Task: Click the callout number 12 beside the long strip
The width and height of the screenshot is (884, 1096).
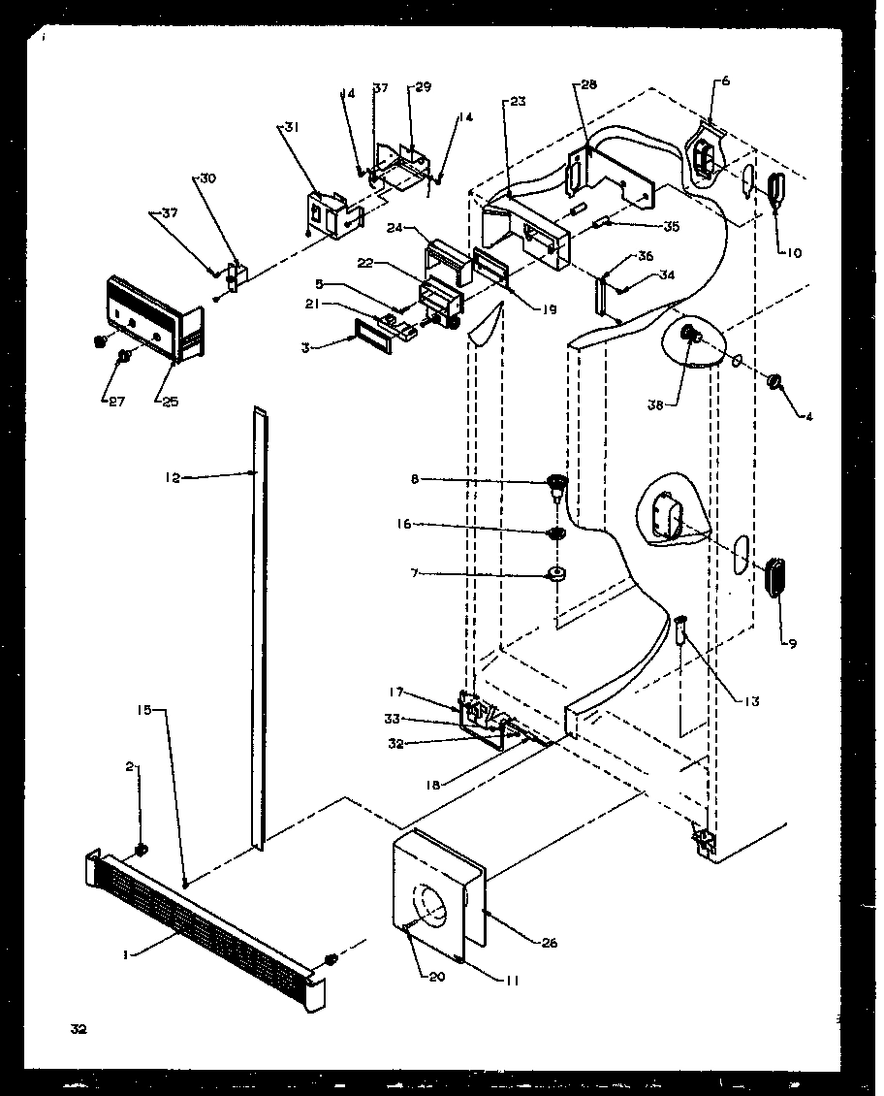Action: tap(173, 476)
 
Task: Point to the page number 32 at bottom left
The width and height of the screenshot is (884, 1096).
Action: tap(79, 1029)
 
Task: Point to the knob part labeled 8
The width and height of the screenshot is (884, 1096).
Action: tap(556, 482)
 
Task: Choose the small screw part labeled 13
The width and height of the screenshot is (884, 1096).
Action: tap(679, 633)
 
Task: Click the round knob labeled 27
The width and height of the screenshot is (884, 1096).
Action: tap(124, 357)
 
